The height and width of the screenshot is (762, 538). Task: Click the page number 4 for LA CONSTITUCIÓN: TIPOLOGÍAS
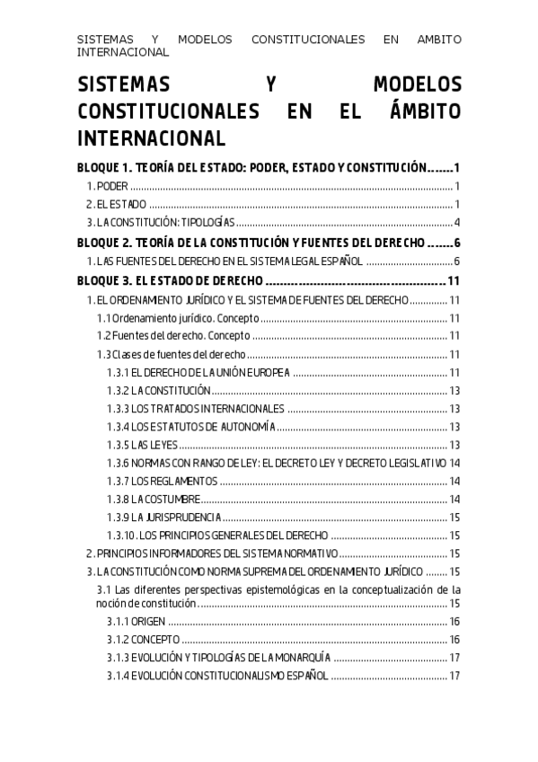pyautogui.click(x=456, y=223)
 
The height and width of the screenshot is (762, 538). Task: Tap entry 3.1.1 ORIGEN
pyautogui.click(x=135, y=622)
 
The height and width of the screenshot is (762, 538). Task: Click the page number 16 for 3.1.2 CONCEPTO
pyautogui.click(x=454, y=640)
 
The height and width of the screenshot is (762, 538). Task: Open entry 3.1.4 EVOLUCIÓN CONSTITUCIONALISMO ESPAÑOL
pyautogui.click(x=216, y=676)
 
